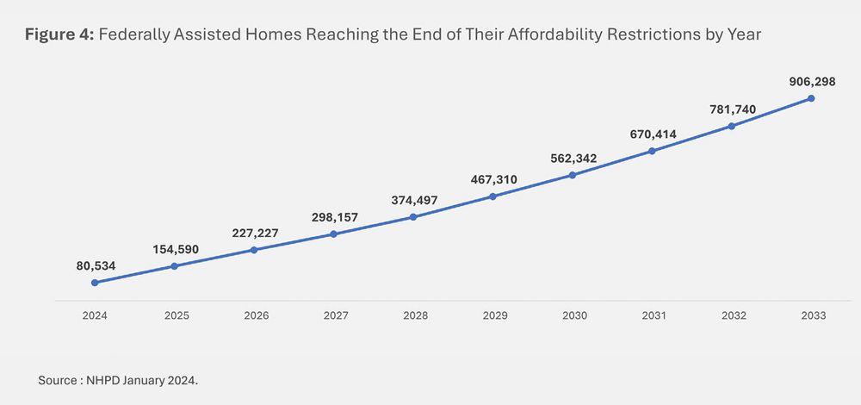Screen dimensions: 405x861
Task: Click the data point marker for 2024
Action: click(95, 283)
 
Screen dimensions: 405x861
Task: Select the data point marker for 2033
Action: click(811, 99)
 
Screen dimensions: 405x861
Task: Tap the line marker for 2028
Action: click(413, 217)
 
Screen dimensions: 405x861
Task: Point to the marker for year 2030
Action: click(573, 176)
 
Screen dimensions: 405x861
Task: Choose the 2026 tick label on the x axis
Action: click(256, 315)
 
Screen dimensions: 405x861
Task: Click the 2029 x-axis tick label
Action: click(494, 315)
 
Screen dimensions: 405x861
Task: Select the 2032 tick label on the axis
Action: click(733, 315)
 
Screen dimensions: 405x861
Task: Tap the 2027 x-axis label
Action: click(335, 315)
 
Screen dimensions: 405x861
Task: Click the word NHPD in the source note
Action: click(102, 380)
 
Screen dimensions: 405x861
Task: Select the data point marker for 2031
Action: click(652, 151)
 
